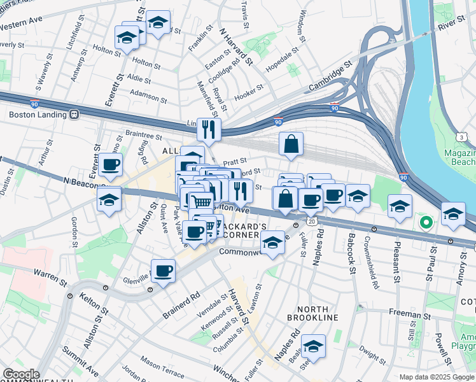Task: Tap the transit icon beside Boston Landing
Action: point(74,115)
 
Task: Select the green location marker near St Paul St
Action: point(426,223)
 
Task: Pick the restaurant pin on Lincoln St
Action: point(209,130)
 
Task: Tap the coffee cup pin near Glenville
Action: point(164,271)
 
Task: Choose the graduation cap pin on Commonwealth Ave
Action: point(272,243)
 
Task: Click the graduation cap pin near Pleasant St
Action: point(400,206)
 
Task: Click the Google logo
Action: point(20,374)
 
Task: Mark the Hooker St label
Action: point(249,93)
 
